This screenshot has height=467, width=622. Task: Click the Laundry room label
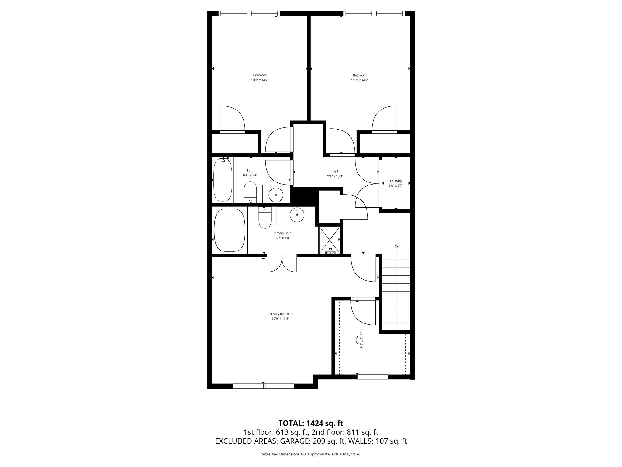click(396, 181)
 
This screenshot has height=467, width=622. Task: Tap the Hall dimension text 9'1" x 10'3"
click(335, 176)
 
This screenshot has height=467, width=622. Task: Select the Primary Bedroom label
click(280, 314)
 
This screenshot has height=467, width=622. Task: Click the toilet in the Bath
click(251, 192)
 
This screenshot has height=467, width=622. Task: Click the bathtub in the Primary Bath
click(230, 230)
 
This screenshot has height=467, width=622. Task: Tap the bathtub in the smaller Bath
click(223, 180)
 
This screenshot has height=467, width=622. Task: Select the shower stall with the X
click(329, 240)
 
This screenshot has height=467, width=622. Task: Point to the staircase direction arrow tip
click(396, 246)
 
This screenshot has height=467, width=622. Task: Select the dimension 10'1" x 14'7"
click(260, 80)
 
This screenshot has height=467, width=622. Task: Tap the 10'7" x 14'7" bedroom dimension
click(360, 80)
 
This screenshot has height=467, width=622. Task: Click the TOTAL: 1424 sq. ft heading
click(311, 423)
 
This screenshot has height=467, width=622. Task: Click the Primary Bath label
click(282, 233)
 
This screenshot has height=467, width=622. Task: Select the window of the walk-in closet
click(373, 377)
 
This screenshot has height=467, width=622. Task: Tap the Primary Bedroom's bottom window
click(263, 386)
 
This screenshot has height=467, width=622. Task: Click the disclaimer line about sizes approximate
click(311, 454)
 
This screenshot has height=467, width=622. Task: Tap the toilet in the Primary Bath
click(265, 219)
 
